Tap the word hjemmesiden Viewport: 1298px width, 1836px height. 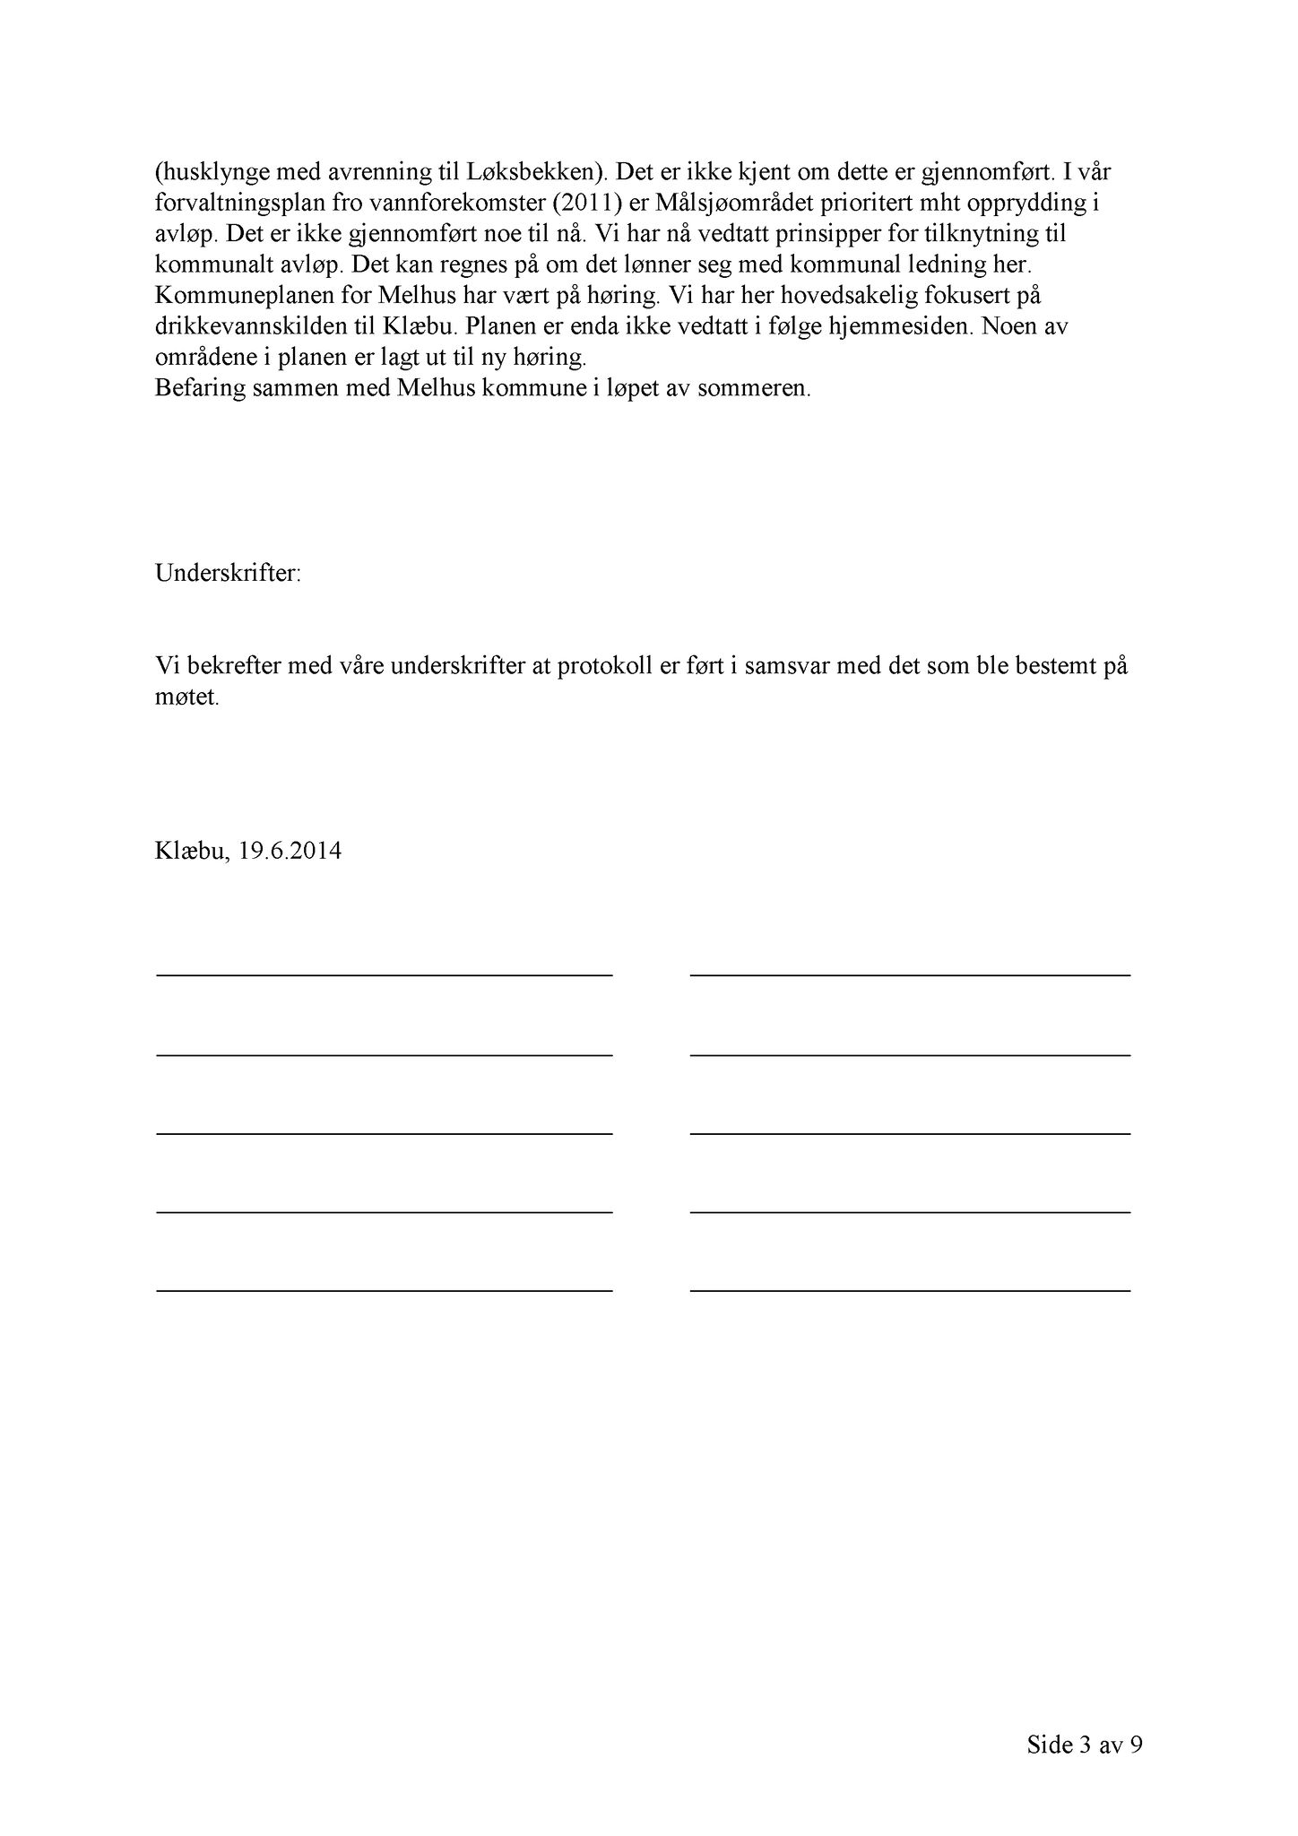[x=899, y=326]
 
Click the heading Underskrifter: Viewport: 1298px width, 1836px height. [x=229, y=574]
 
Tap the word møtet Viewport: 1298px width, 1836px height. [x=186, y=697]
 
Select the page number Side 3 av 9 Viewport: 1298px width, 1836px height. [x=1085, y=1745]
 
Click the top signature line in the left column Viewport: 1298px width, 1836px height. [x=385, y=974]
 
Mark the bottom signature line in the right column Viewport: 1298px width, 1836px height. [x=910, y=1290]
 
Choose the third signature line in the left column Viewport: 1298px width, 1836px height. [x=385, y=1134]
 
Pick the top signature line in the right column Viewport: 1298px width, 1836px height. [x=910, y=974]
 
